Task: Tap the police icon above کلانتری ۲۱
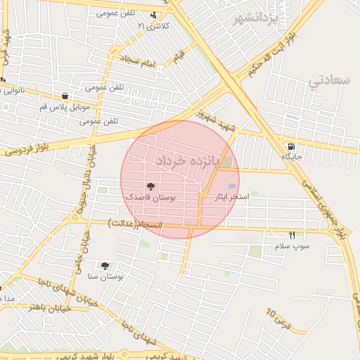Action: [x=154, y=15]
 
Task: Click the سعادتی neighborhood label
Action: [x=328, y=80]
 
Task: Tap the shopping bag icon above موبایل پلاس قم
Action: [x=65, y=96]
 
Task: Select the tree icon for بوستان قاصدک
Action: [x=150, y=186]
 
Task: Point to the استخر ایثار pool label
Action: [x=231, y=198]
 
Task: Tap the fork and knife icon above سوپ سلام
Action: [x=292, y=235]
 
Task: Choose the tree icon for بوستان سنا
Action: [x=105, y=266]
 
